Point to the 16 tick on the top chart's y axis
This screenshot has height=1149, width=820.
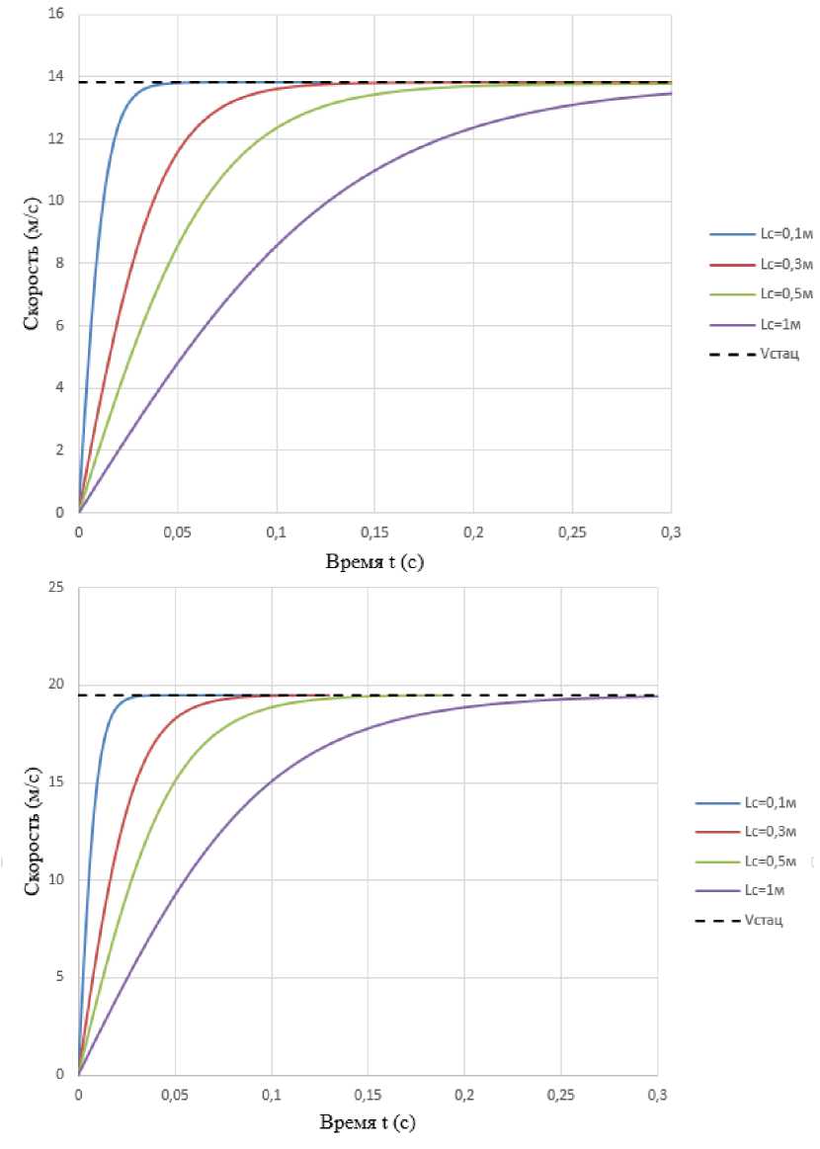(x=57, y=15)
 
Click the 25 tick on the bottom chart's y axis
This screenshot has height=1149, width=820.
(x=57, y=588)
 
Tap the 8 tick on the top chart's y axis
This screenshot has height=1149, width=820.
(x=61, y=264)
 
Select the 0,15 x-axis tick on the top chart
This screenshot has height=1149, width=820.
(x=374, y=533)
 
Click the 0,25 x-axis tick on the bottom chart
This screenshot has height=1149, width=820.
(x=561, y=1095)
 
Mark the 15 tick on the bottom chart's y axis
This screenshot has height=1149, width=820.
(x=57, y=782)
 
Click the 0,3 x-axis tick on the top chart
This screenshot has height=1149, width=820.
(x=672, y=533)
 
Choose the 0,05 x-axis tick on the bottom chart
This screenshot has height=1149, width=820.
(x=175, y=1095)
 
